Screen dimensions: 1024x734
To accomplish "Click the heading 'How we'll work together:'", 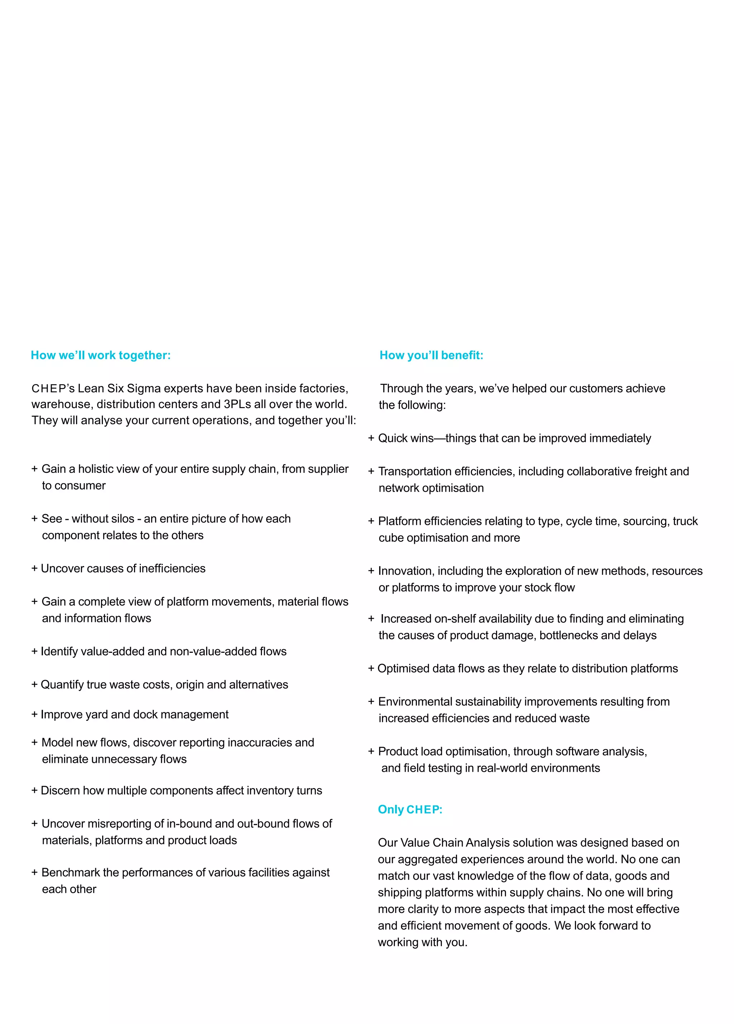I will (x=100, y=355).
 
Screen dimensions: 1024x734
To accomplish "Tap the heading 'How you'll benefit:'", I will (x=431, y=355).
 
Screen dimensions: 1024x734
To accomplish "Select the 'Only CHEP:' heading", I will (x=410, y=809).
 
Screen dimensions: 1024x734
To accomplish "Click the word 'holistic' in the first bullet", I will (x=96, y=469).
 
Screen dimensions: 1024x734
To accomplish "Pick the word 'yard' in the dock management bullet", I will (x=97, y=715).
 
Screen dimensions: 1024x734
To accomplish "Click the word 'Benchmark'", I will (x=71, y=873).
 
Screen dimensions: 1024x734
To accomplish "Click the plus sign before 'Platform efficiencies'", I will (x=371, y=521).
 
